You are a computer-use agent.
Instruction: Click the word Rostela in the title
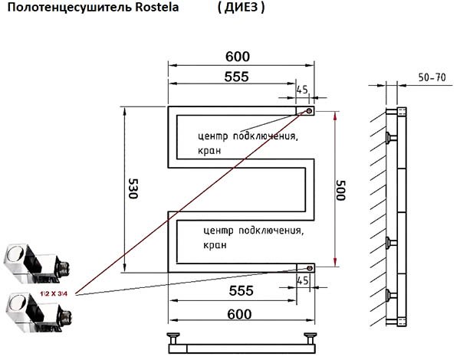156,8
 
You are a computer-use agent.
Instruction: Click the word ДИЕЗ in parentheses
241,8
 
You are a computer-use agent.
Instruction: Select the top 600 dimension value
238,57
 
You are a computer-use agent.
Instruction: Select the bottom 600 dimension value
239,314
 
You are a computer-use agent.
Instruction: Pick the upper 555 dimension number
236,77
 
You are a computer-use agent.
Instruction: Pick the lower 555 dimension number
242,291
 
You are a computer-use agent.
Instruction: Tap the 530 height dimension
133,188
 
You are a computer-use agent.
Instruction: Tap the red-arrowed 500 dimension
340,190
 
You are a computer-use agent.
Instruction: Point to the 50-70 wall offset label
432,77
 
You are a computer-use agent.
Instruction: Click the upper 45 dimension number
302,90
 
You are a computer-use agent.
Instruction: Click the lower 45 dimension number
303,281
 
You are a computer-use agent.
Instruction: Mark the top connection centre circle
309,111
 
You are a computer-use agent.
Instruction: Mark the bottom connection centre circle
310,268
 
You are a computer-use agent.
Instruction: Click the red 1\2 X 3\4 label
54,293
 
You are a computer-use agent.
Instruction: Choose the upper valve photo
38,263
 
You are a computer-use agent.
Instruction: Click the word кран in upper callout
209,151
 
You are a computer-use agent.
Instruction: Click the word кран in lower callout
215,245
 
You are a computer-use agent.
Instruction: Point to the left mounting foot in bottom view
173,339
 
